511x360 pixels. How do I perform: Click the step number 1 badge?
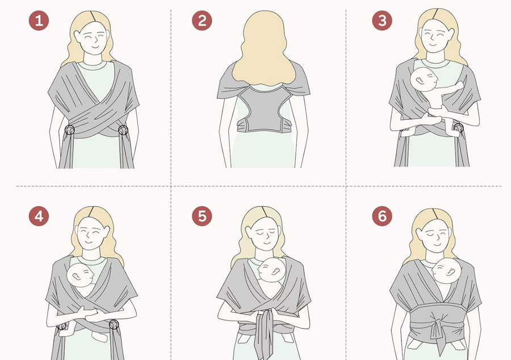pyautogui.click(x=39, y=21)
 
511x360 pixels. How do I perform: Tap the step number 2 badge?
pyautogui.click(x=202, y=21)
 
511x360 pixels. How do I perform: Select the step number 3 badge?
pyautogui.click(x=382, y=21)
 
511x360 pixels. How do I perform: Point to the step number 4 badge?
pyautogui.click(x=39, y=216)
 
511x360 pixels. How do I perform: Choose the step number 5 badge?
pyautogui.click(x=202, y=216)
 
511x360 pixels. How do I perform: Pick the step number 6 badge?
pyautogui.click(x=382, y=216)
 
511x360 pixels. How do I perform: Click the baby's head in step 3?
pyautogui.click(x=424, y=79)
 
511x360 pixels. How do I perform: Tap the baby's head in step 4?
pyautogui.click(x=80, y=275)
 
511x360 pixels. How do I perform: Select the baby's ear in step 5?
pyautogui.click(x=274, y=271)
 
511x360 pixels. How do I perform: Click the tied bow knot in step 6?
pyautogui.click(x=437, y=329)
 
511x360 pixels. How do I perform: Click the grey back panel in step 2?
pyautogui.click(x=263, y=109)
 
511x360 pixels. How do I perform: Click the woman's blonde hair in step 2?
pyautogui.click(x=263, y=49)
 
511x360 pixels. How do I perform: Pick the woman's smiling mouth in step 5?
pyautogui.click(x=267, y=242)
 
